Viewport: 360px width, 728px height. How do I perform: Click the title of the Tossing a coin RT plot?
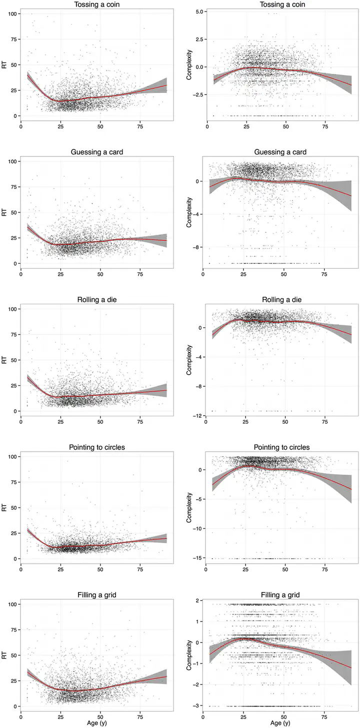point(97,5)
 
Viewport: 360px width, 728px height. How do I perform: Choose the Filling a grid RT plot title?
point(97,595)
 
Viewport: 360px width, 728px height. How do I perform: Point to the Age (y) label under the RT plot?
point(97,723)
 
